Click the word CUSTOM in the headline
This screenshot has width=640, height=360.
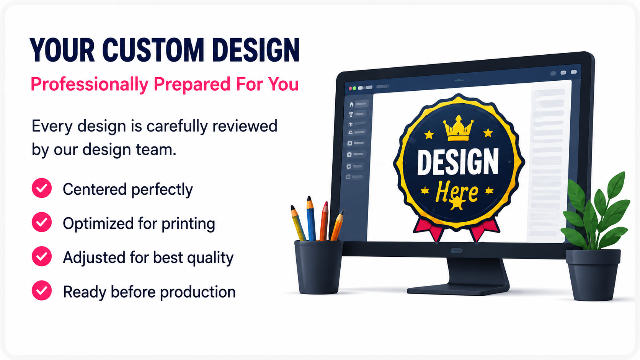(153, 50)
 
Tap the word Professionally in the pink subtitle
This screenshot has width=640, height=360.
(90, 85)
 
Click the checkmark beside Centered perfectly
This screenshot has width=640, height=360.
(42, 188)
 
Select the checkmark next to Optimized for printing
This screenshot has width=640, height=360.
(42, 222)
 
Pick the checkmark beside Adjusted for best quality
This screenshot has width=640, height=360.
(42, 256)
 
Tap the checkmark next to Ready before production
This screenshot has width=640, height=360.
(42, 290)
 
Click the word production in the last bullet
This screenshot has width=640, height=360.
(198, 292)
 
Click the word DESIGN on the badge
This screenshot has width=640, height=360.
(458, 162)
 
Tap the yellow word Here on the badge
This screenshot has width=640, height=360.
(457, 192)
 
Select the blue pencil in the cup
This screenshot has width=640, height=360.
(311, 218)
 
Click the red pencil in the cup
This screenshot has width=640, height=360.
(324, 221)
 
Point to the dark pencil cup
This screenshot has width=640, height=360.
(318, 267)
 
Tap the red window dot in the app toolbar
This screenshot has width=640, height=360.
(350, 88)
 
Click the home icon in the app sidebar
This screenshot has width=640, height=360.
(351, 104)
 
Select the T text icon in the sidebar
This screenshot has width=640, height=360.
(351, 114)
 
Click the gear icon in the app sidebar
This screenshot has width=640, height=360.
(349, 166)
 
